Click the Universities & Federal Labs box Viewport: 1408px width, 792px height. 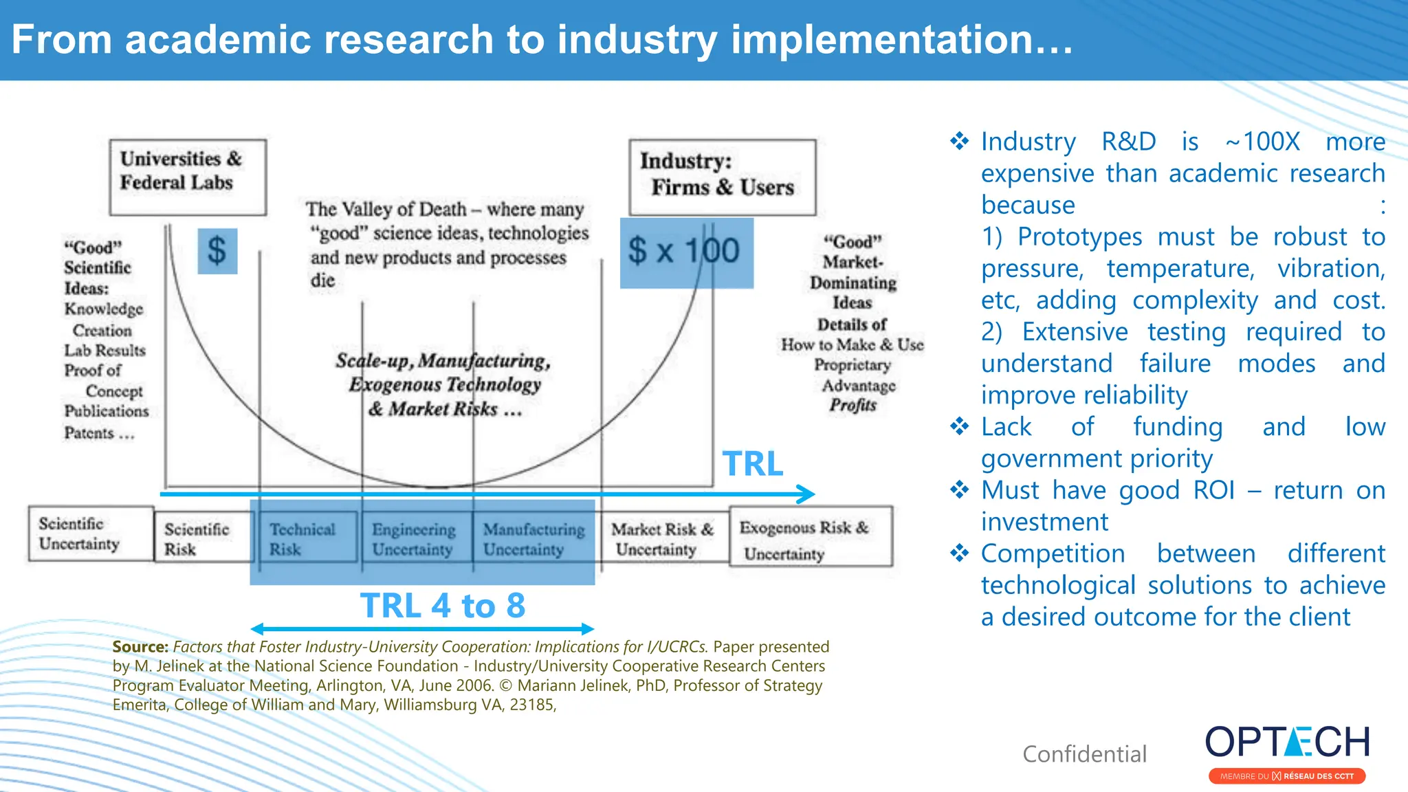(187, 177)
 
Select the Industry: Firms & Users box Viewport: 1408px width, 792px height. (722, 177)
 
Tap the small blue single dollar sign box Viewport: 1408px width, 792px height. (217, 251)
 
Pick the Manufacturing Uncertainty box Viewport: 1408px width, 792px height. (533, 539)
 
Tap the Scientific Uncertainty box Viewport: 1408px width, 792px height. (90, 534)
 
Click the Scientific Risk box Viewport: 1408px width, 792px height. (201, 539)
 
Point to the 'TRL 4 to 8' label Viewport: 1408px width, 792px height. (443, 606)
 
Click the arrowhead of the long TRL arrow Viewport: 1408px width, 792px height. (806, 494)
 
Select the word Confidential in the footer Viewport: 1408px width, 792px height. (1084, 754)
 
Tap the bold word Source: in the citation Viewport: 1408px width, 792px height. (140, 647)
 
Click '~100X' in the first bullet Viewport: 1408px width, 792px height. (1262, 142)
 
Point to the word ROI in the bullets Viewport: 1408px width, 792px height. (1213, 490)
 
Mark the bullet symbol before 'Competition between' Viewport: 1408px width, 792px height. (959, 553)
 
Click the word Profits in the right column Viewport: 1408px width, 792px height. (852, 405)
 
